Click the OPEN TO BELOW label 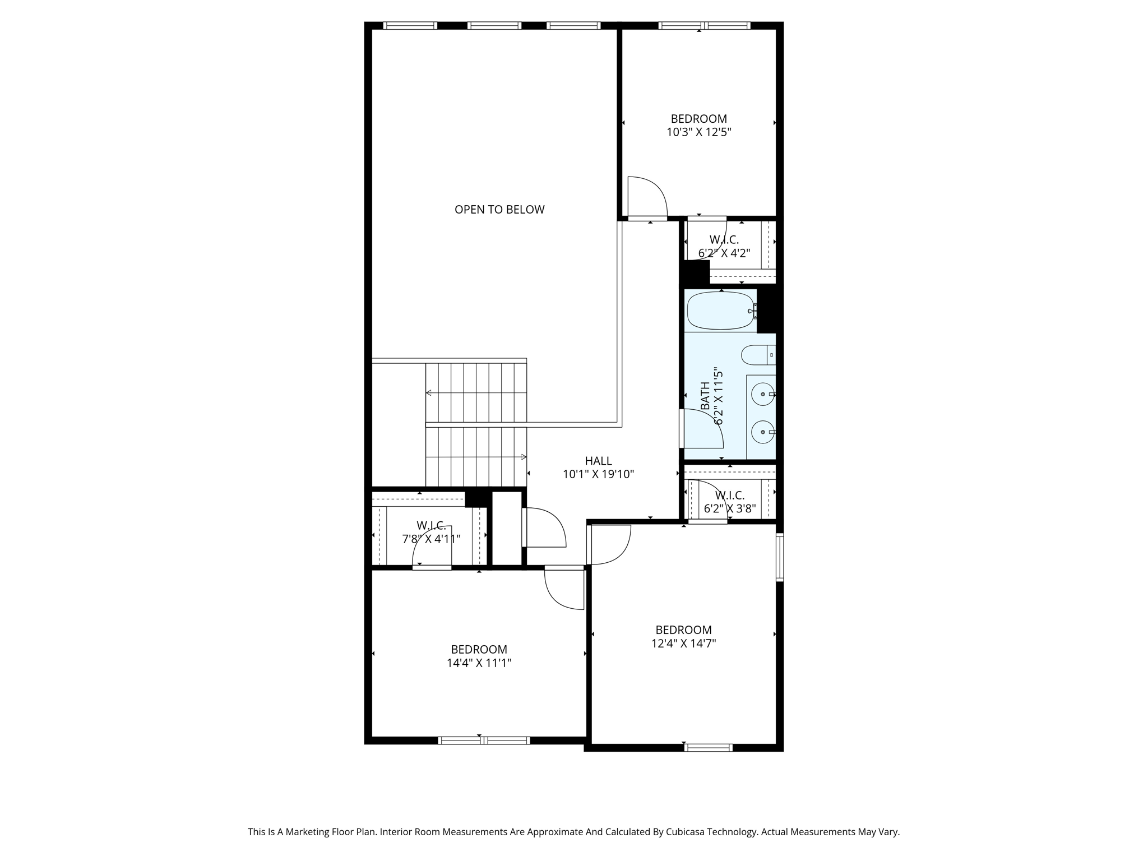click(x=499, y=210)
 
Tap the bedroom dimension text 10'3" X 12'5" click(x=698, y=133)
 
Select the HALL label click(x=598, y=461)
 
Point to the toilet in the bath click(x=757, y=355)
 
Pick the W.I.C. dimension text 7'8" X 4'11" click(x=431, y=539)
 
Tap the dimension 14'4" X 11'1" click(x=479, y=663)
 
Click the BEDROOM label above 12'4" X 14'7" click(x=683, y=629)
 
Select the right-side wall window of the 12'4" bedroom click(x=779, y=557)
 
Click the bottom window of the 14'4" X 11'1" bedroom click(x=483, y=740)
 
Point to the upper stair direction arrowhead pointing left click(x=428, y=392)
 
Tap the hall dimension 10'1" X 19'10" click(x=598, y=475)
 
